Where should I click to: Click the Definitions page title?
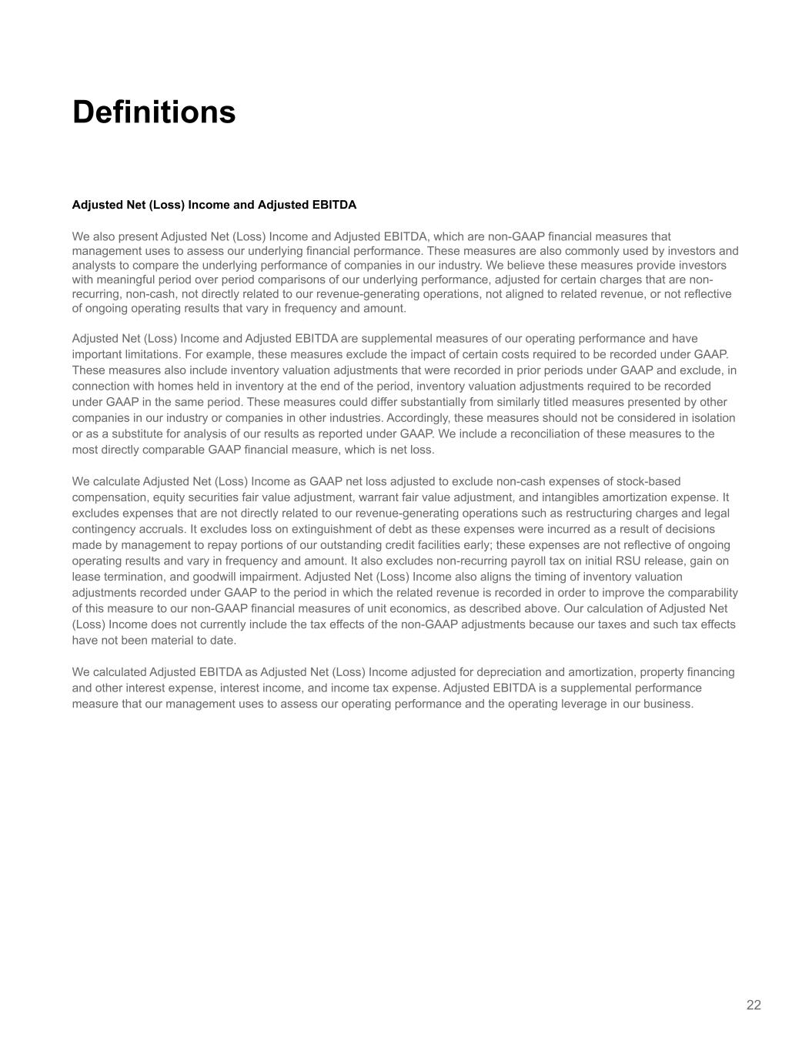[154, 112]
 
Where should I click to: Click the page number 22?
[754, 1005]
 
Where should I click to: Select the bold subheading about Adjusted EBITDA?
[214, 205]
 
